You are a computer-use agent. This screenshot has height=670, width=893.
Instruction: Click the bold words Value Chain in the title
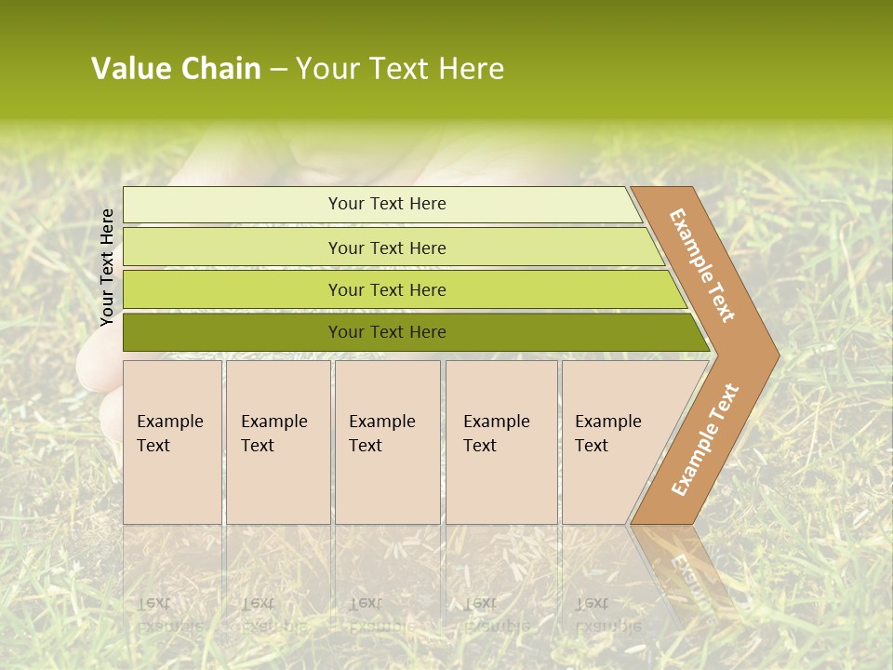tap(176, 69)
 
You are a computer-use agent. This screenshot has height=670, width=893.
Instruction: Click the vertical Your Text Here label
tap(107, 267)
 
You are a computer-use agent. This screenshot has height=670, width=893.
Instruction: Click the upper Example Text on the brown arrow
tap(702, 266)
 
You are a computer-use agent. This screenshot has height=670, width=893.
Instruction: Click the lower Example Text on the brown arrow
tap(704, 440)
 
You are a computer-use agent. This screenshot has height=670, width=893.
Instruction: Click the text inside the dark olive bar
tap(387, 332)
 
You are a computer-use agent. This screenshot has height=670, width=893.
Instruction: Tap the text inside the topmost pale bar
tap(387, 204)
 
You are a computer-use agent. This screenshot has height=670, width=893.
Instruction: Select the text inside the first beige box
tap(169, 434)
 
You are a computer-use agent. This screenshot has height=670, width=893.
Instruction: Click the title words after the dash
tap(400, 69)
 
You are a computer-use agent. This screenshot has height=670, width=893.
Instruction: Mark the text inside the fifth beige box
tap(607, 434)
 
